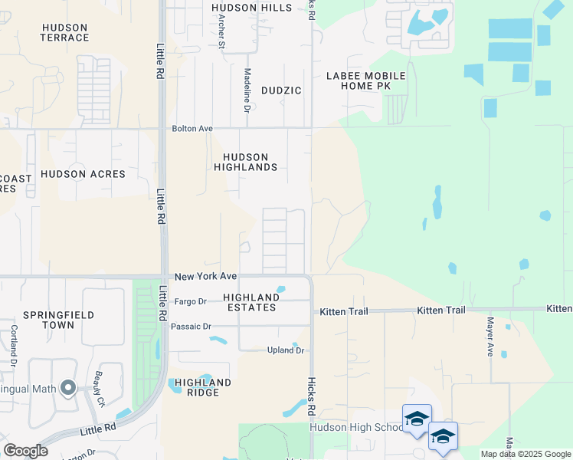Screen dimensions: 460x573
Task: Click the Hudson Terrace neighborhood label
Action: click(65, 32)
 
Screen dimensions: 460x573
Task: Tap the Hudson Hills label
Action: click(252, 8)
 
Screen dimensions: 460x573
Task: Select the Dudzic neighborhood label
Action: click(281, 90)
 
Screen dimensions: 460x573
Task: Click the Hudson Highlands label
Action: click(245, 162)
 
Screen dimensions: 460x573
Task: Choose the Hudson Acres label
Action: click(83, 174)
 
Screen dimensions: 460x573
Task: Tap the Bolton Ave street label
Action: click(192, 129)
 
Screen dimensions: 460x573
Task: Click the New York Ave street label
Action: click(205, 276)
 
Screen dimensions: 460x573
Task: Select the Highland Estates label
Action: click(250, 302)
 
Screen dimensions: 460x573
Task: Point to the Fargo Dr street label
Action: click(191, 301)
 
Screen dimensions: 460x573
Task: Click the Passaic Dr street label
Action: click(191, 327)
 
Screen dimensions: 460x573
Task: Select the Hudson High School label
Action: click(355, 427)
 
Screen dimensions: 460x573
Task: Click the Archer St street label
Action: click(221, 31)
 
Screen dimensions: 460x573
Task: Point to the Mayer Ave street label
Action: click(490, 337)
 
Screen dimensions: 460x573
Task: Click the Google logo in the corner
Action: click(25, 451)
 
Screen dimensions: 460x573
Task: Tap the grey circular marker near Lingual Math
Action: click(68, 388)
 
